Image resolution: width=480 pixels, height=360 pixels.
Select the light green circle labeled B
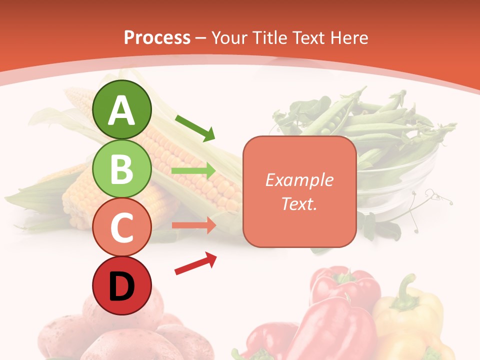121,168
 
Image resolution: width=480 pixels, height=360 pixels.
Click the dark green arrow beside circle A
195,127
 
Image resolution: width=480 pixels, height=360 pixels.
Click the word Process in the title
157,37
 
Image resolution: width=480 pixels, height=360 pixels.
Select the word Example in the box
299,180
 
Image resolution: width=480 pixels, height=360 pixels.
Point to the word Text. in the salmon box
299,203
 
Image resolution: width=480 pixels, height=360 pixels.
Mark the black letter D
121,287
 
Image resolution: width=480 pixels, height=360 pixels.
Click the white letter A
121,110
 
